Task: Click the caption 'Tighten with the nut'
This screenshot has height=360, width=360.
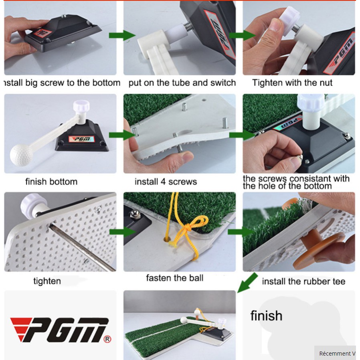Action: (292, 83)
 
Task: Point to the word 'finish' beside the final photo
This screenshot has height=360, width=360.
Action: (266, 316)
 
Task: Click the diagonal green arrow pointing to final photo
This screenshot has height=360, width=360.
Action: (247, 283)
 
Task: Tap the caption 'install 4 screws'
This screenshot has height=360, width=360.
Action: (166, 182)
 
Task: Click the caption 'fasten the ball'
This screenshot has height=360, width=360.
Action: (174, 278)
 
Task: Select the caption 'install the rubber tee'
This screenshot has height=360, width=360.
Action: (303, 281)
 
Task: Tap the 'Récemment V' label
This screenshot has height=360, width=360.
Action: (337, 353)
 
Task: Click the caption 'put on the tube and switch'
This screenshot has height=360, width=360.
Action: (182, 83)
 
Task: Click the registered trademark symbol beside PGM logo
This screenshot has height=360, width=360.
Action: (107, 340)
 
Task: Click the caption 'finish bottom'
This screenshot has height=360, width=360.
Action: (51, 182)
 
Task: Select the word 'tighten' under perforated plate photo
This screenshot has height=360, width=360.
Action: (47, 281)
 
